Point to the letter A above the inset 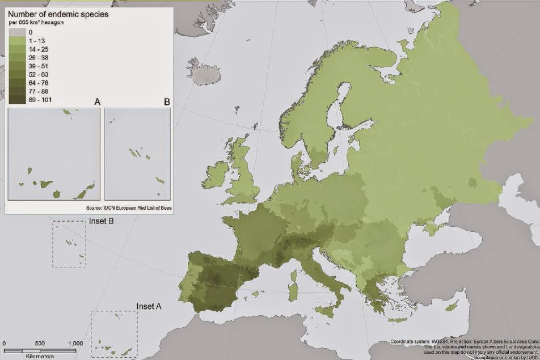pyautogui.click(x=97, y=102)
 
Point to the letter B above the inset pyautogui.click(x=167, y=102)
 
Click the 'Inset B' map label pyautogui.click(x=102, y=221)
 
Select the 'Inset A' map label pyautogui.click(x=149, y=306)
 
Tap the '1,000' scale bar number pyautogui.click(x=75, y=344)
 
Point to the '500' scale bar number pyautogui.click(x=40, y=344)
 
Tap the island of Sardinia pyautogui.click(x=293, y=285)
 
